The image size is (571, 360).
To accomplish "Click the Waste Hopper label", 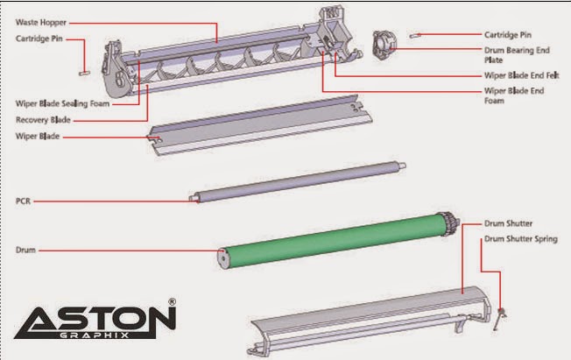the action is click(41, 23).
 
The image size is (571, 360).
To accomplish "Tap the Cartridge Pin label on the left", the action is click(39, 39).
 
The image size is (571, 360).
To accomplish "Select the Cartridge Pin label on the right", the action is click(508, 35).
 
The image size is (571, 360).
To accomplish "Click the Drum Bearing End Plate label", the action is click(517, 55).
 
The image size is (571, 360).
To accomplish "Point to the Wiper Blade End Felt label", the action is click(521, 75).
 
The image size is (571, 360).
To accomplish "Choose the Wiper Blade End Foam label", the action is click(514, 95).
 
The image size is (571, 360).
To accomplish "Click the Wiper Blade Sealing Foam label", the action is click(62, 103).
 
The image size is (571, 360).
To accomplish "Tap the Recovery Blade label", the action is click(43, 120).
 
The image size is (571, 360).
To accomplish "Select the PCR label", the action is click(23, 201).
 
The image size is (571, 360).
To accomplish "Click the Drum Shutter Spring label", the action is click(521, 239).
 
